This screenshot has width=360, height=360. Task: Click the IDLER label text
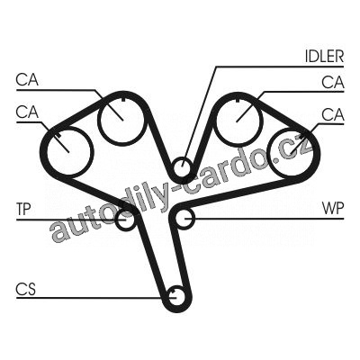pos(324,56)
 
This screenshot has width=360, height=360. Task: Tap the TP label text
pos(24,209)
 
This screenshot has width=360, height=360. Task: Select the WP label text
pos(333,208)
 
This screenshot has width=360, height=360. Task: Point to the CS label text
pos(26,289)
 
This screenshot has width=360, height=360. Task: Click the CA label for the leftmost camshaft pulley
pos(27,112)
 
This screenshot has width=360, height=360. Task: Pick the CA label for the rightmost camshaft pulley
pos(333,114)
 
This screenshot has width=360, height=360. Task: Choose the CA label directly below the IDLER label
pos(333,82)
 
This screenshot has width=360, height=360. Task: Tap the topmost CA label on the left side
pos(27,80)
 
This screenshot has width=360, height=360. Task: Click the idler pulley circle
pos(182,166)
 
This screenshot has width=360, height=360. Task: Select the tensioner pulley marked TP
pos(125,220)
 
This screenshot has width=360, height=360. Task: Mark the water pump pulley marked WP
pos(184,218)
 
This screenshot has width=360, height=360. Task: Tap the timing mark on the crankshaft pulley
pos(173,291)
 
